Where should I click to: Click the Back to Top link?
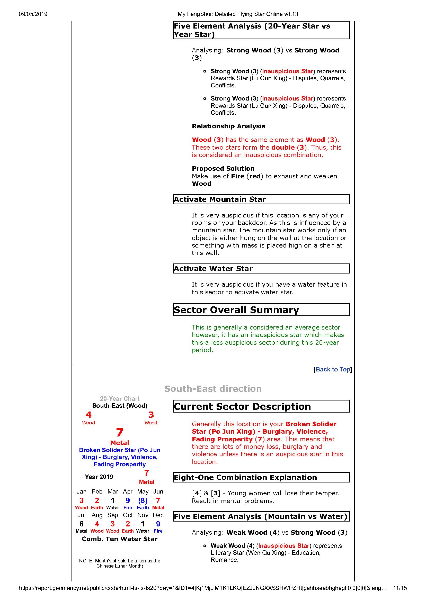click(333, 369)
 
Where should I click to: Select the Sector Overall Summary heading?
click(236, 310)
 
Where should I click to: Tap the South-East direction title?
click(213, 389)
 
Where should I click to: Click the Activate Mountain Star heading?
click(220, 199)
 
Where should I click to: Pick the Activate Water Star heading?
click(213, 269)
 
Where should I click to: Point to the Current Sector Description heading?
click(242, 406)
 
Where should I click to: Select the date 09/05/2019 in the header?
click(33, 14)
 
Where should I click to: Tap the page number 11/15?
click(400, 588)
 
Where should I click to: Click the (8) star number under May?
click(143, 500)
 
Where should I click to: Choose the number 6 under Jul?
click(81, 524)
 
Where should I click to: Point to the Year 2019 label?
click(99, 477)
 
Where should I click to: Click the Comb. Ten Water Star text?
click(119, 539)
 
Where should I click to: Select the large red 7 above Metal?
click(120, 433)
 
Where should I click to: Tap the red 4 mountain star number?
click(88, 415)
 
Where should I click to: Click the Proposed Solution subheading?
click(223, 169)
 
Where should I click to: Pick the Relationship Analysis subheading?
click(229, 126)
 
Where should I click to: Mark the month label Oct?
click(128, 515)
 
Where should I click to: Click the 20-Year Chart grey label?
click(119, 399)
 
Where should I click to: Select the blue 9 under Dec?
click(158, 524)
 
